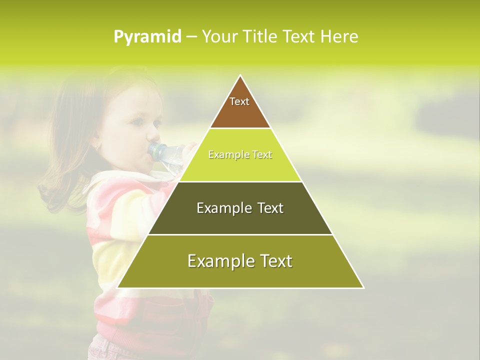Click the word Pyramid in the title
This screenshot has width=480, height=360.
tap(147, 37)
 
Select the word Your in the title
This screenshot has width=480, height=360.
tap(219, 36)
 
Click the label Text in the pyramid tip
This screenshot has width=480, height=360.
tap(239, 101)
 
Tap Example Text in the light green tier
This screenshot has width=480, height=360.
tap(240, 154)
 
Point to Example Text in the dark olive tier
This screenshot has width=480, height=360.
tap(240, 208)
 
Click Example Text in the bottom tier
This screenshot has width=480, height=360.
tap(240, 261)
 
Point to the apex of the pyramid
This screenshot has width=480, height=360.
tap(240, 75)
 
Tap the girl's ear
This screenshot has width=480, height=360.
tap(97, 145)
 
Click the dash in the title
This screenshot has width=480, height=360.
tap(191, 37)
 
